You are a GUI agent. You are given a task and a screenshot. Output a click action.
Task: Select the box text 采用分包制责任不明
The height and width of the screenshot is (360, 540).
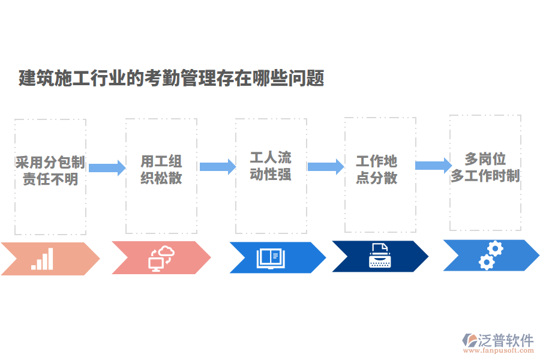tap(50, 170)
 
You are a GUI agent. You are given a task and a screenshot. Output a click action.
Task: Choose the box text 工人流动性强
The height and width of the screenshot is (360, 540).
tap(271, 166)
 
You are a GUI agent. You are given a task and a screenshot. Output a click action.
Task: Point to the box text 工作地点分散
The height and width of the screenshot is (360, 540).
tap(377, 169)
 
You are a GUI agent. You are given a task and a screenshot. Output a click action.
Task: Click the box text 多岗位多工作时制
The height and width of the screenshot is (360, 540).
tap(485, 167)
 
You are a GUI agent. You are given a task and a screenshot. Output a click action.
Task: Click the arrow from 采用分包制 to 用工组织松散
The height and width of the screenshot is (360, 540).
tap(106, 167)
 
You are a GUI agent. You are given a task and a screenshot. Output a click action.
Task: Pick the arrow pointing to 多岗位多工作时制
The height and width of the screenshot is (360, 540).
tap(433, 166)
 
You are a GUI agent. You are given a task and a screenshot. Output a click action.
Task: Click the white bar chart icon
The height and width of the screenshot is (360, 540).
tap(42, 259)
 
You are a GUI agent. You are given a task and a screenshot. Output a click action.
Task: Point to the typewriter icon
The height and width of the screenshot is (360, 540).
tap(379, 256)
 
